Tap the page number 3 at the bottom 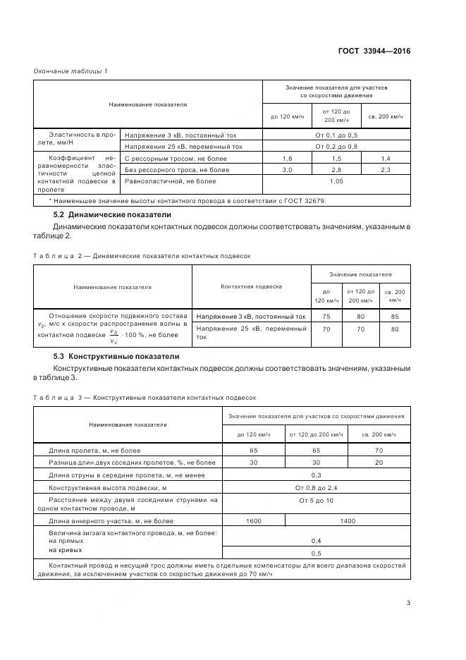pos(408,603)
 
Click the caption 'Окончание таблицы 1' pos(70,71)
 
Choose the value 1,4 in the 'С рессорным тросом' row pos(385,159)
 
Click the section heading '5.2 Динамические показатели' pos(112,214)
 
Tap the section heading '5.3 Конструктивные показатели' pos(116,357)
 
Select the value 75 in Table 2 pos(326,317)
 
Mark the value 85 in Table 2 pos(394,317)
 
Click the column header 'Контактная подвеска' pos(252,287)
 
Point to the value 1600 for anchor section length pos(253,521)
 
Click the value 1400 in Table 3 pos(348,521)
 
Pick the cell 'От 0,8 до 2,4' pos(316,487)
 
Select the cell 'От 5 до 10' pos(316,500)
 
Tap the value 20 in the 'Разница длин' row pos(380,463)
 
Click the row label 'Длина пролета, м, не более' pos(94,450)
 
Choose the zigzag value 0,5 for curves pos(316,553)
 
